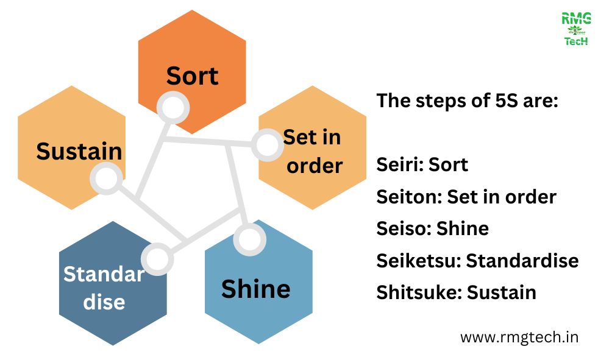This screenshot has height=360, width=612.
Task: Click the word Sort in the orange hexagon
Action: pos(192,76)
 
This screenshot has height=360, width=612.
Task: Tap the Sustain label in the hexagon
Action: pos(79,151)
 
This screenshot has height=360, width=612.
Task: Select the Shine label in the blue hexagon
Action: pos(255,289)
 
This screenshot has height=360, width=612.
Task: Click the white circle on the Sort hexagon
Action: pos(173,108)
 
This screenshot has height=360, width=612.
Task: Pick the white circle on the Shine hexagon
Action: pos(249,239)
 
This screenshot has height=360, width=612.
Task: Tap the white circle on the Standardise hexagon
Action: pos(157,258)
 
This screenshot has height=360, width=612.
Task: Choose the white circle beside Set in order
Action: pos(266,145)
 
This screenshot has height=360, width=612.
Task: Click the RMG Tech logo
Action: pos(575,30)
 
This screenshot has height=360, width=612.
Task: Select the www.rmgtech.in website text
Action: pos(519,337)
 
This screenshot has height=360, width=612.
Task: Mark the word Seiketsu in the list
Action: pos(418,261)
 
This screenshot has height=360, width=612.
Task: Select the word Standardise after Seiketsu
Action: pos(522,261)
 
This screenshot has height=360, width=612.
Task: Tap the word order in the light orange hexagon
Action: pos(315,166)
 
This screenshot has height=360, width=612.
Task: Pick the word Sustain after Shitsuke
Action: pos(502,292)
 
